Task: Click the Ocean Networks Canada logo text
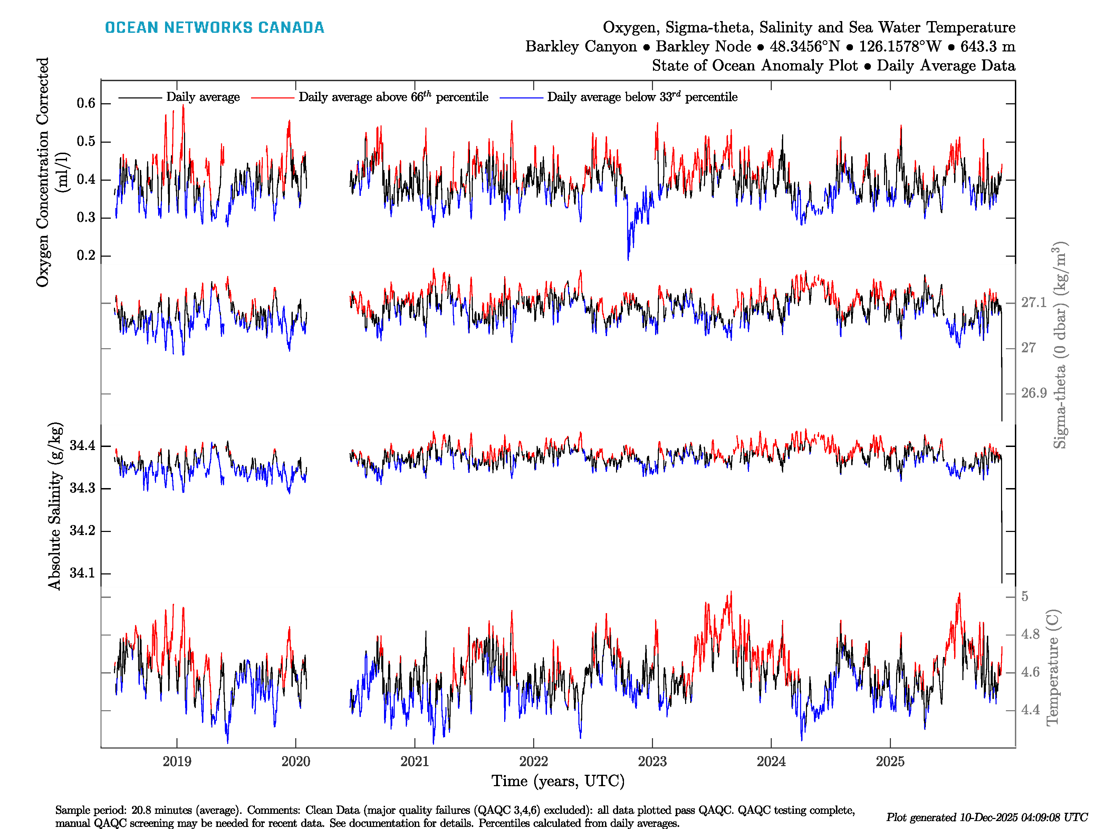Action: coord(214,28)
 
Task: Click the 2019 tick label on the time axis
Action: coord(177,762)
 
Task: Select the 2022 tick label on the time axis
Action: coord(534,762)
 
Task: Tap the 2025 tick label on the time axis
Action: coord(890,762)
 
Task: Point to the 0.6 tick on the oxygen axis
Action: coord(86,103)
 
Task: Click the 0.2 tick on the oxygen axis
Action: coord(86,255)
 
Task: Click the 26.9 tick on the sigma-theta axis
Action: coord(1034,393)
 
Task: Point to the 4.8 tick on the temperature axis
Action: coord(1030,635)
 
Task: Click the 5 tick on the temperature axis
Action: coord(1025,597)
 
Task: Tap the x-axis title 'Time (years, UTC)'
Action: coord(558,781)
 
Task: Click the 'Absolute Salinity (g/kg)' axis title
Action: coord(55,506)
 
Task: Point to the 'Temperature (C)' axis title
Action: coord(1052,667)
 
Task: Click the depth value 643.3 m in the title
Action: coord(988,47)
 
